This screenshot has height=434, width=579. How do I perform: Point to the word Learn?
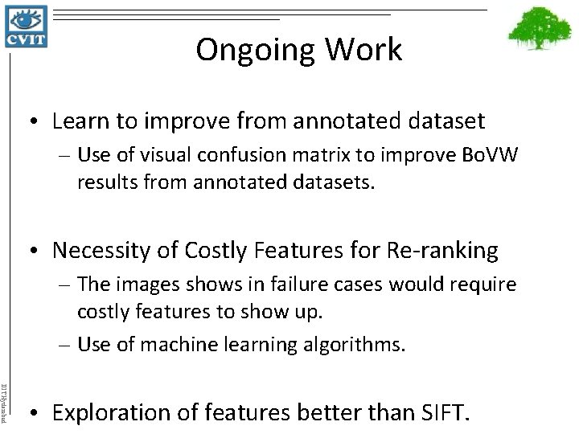tap(80, 122)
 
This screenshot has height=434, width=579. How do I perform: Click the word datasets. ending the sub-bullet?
tap(334, 183)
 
